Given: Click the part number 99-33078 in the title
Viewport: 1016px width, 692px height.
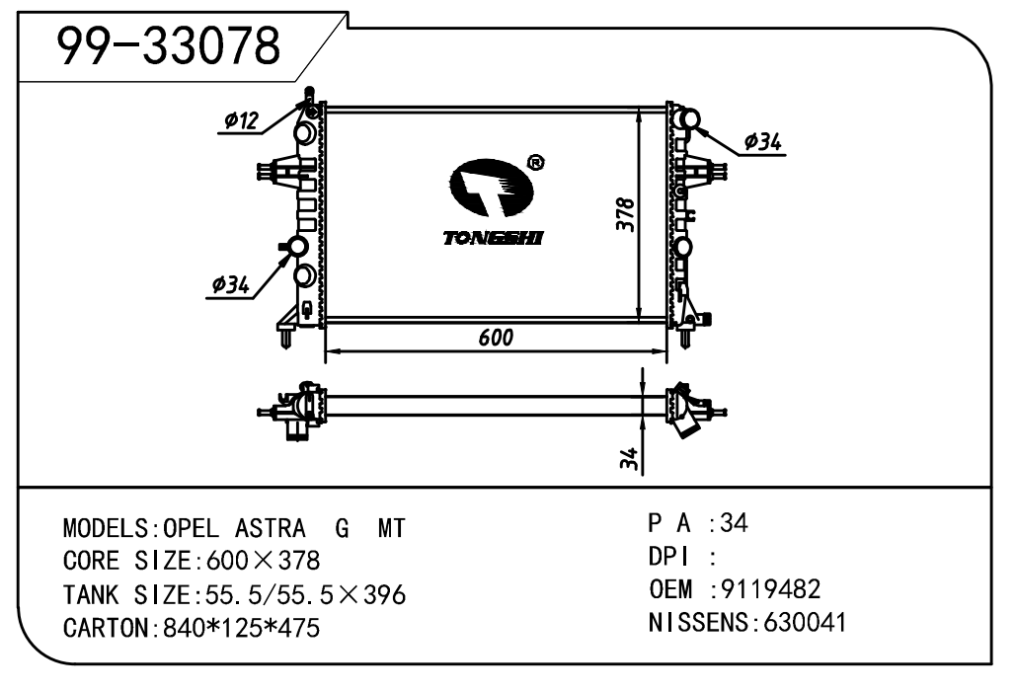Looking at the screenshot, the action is pos(170,46).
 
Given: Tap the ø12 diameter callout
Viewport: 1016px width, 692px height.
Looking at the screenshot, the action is pos(241,120).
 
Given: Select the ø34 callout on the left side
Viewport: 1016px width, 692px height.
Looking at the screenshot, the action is pos(231,284).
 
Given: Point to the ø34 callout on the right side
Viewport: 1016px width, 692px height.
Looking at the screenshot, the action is pos(762,142).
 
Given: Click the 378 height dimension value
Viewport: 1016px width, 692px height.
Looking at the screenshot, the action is pos(626,214).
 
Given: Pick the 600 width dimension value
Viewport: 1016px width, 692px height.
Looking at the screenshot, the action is pos(496,337).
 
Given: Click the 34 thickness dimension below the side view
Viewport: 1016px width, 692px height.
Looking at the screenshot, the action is pos(629,459).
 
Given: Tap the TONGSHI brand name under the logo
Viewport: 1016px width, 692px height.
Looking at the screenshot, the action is pos(493,238).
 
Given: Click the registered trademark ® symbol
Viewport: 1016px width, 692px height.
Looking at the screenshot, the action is pos(536,162).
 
